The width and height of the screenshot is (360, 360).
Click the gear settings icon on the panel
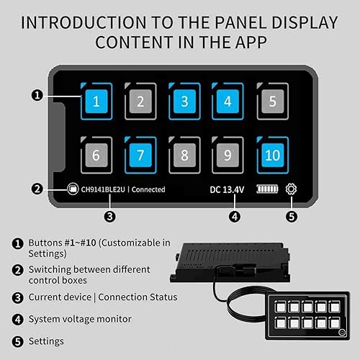(x=291, y=189)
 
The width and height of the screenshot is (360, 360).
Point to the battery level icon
(x=266, y=189)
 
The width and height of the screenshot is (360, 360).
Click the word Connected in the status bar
(x=149, y=189)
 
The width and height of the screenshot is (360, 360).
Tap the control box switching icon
(x=72, y=189)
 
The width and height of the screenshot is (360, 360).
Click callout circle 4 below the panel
(x=234, y=215)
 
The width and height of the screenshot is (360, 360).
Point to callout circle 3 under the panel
(x=109, y=215)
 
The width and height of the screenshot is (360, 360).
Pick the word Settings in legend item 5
(x=46, y=341)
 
